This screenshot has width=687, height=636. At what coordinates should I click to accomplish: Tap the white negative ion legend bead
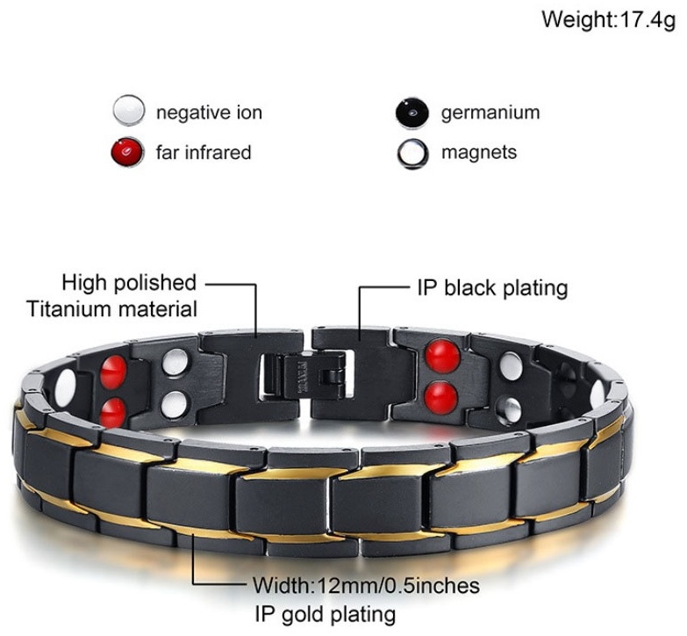click(x=128, y=111)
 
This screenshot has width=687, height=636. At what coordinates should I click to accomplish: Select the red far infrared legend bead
click(x=127, y=152)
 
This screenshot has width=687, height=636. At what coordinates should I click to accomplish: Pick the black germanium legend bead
click(x=411, y=112)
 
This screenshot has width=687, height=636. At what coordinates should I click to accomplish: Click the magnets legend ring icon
click(x=411, y=154)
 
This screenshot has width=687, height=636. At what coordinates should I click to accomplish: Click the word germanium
click(x=490, y=112)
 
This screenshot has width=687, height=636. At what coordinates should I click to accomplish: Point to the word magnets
click(x=479, y=153)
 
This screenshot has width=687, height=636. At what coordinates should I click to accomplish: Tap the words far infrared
click(x=204, y=153)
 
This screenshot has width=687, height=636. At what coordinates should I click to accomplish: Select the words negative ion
click(x=209, y=112)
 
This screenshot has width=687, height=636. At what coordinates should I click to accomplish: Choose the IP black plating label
click(x=492, y=289)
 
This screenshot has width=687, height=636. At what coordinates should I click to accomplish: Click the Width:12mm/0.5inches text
click(x=366, y=586)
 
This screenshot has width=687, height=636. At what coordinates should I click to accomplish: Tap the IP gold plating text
click(x=326, y=614)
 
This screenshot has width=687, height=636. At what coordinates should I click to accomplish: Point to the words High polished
click(x=129, y=283)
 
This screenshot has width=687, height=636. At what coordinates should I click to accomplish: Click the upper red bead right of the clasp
click(x=443, y=356)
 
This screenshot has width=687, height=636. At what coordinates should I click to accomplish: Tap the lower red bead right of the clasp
click(x=441, y=398)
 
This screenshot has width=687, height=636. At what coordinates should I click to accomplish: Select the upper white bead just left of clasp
click(x=175, y=362)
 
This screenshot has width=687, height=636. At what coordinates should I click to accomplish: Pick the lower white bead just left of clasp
click(x=174, y=404)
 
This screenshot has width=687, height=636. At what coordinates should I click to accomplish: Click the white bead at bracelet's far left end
click(x=65, y=388)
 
